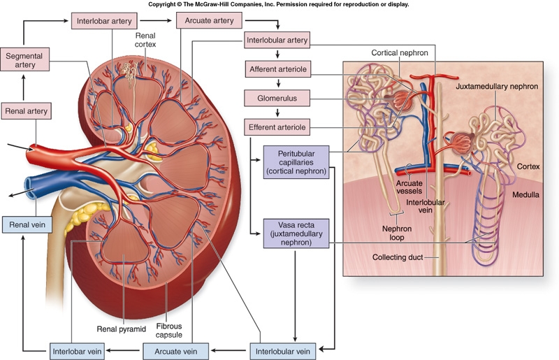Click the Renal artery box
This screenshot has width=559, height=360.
coord(27,110)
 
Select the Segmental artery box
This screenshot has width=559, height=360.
coord(27,60)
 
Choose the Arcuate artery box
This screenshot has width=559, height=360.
coord(208,20)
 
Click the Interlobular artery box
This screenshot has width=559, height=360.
coord(277,39)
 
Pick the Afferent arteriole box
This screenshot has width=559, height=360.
coord(278,69)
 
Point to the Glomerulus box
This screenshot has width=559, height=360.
coord(278,99)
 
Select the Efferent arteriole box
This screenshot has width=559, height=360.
coord(278,128)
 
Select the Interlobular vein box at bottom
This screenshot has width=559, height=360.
coord(282,350)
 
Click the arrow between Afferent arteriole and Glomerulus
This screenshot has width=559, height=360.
coord(278,84)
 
